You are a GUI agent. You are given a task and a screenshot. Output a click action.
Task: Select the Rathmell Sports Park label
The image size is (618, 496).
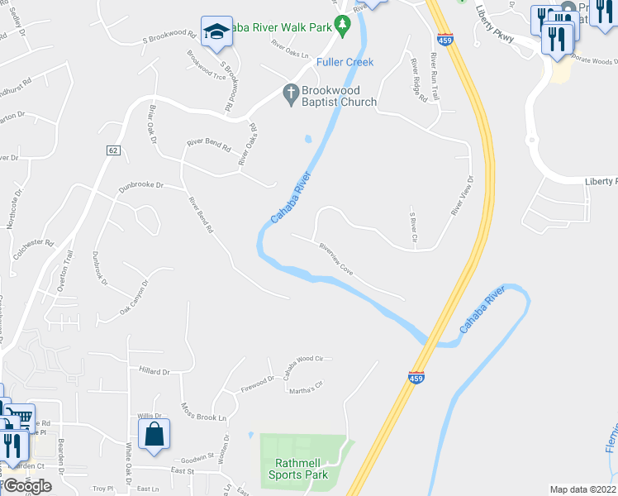pos(298,468)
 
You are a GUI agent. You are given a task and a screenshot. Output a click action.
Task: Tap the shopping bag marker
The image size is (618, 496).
pos(154,433)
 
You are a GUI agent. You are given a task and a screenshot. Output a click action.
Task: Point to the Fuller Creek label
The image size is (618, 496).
pos(345,62)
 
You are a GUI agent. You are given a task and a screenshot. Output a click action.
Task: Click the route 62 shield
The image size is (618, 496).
pos(113,150)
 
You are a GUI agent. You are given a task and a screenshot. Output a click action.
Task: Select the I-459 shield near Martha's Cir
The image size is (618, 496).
pos(417,377)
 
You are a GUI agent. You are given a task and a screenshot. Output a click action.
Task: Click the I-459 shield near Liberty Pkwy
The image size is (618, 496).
pos(445,39)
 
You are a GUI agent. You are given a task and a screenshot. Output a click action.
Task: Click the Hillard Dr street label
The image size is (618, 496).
pos(154,372)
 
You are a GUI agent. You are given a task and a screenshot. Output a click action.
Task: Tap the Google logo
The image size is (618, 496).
pos(27,486)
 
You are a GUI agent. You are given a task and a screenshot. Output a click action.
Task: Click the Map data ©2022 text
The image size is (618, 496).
pos(583,489)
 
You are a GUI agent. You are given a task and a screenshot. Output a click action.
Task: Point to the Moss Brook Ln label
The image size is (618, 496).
pos(203,411)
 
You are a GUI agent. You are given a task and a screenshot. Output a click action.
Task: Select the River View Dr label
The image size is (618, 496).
pos(462,196)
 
